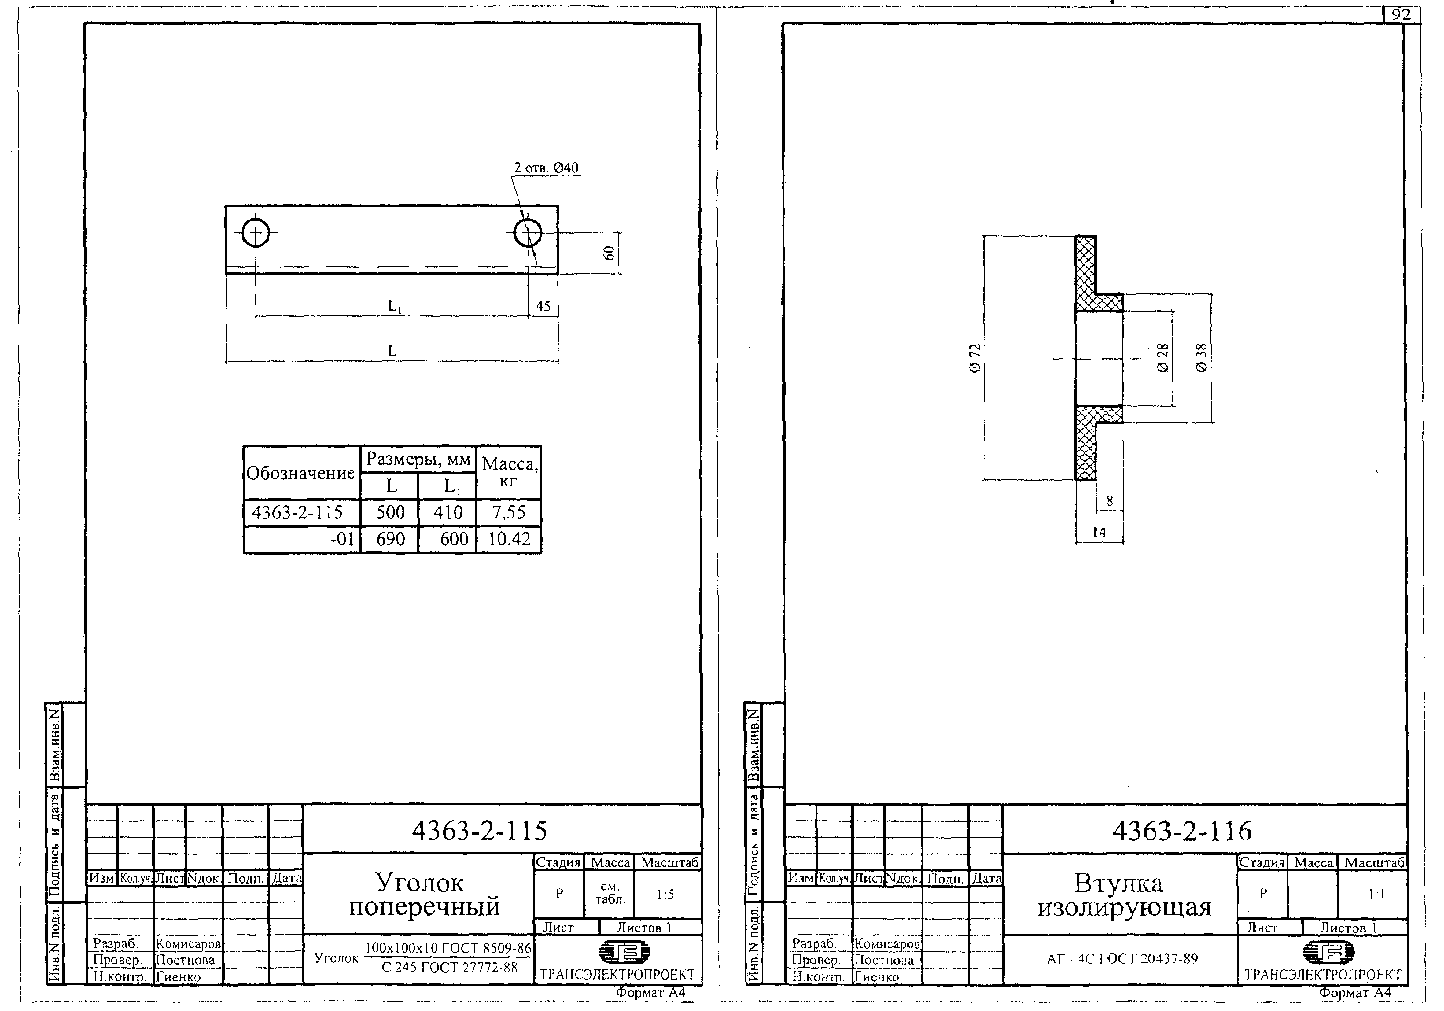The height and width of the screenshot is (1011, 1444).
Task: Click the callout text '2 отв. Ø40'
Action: pyautogui.click(x=546, y=168)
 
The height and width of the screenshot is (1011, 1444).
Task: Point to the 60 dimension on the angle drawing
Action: pyautogui.click(x=609, y=253)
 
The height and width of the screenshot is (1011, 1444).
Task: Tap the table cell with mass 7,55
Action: pyautogui.click(x=508, y=512)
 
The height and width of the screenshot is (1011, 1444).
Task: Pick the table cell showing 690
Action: pyautogui.click(x=390, y=539)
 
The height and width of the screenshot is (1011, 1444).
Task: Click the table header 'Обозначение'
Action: pyautogui.click(x=300, y=473)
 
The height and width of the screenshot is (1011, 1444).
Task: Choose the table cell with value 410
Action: pyautogui.click(x=448, y=512)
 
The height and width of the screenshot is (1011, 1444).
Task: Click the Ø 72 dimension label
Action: pyautogui.click(x=975, y=358)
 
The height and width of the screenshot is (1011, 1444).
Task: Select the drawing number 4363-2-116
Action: pyautogui.click(x=1182, y=831)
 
